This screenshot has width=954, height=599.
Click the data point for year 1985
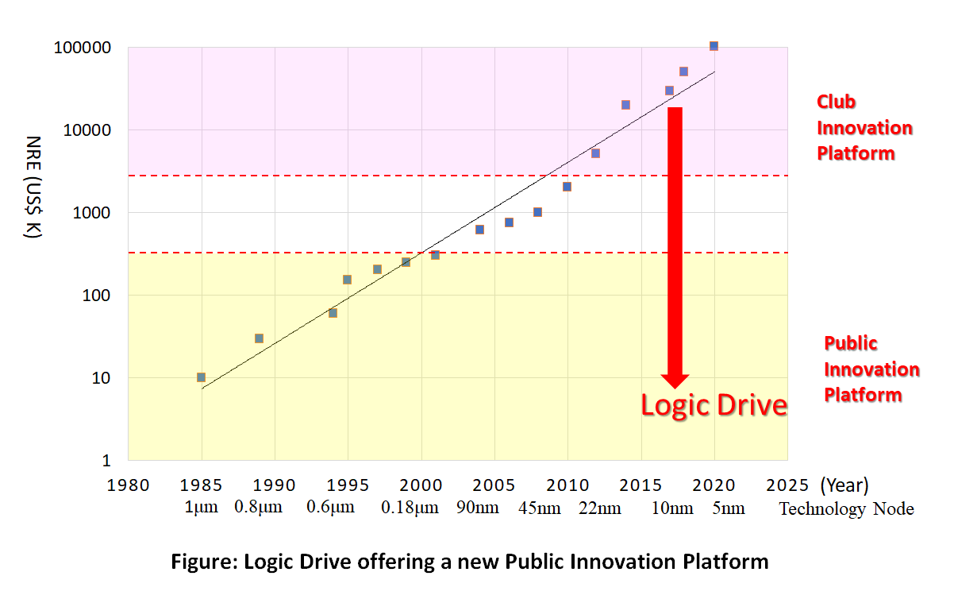[201, 377]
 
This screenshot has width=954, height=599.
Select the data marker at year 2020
[714, 46]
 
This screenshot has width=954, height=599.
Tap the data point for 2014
[625, 105]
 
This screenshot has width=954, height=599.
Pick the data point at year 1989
[259, 338]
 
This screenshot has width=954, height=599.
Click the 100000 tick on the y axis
[83, 48]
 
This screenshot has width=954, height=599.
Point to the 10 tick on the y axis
[101, 378]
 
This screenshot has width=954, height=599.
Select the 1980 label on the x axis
[128, 485]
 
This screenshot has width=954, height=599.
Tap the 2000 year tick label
[421, 485]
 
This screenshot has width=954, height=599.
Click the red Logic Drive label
[714, 405]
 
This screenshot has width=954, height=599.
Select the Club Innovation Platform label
[864, 128]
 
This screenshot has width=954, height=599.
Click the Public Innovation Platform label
[871, 369]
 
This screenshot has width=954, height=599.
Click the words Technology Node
[846, 509]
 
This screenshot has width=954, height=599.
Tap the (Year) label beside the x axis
[844, 485]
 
